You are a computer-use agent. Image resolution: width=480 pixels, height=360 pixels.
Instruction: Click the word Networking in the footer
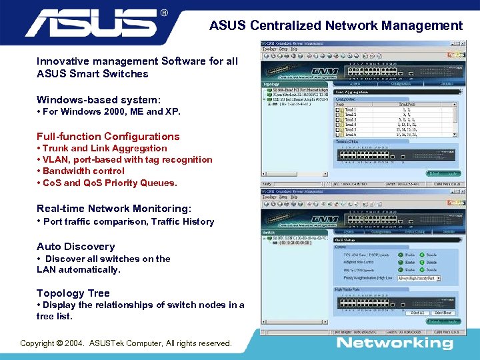395,343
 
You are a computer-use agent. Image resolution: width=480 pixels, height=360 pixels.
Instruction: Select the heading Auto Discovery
75,247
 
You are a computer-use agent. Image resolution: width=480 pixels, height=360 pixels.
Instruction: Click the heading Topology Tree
73,293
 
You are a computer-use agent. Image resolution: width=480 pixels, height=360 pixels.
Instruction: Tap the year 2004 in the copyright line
75,343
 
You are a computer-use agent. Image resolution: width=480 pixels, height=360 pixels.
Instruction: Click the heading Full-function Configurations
108,136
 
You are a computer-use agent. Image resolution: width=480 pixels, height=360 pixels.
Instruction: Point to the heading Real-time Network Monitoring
113,209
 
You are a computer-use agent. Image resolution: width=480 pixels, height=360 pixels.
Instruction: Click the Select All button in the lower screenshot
417,313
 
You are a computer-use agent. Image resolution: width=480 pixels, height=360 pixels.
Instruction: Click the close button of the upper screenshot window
462,43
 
